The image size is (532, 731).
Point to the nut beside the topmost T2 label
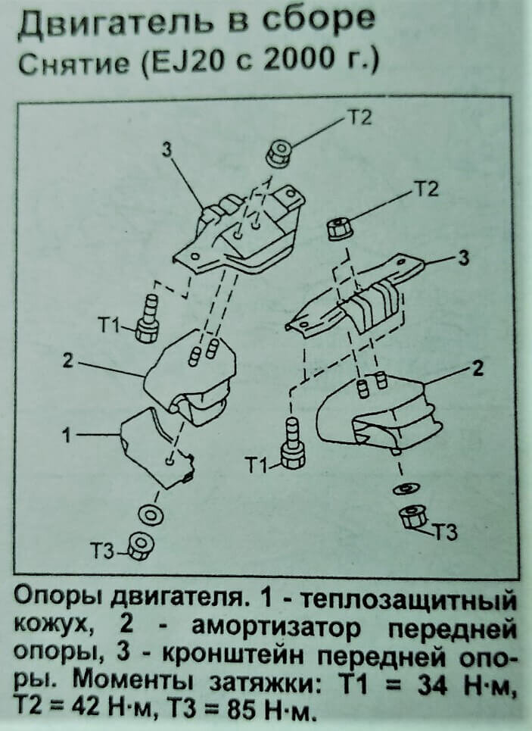point(278,155)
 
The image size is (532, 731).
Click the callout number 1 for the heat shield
point(66,436)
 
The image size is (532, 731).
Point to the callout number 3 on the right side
point(464,258)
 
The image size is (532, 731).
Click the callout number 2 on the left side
point(67,361)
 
